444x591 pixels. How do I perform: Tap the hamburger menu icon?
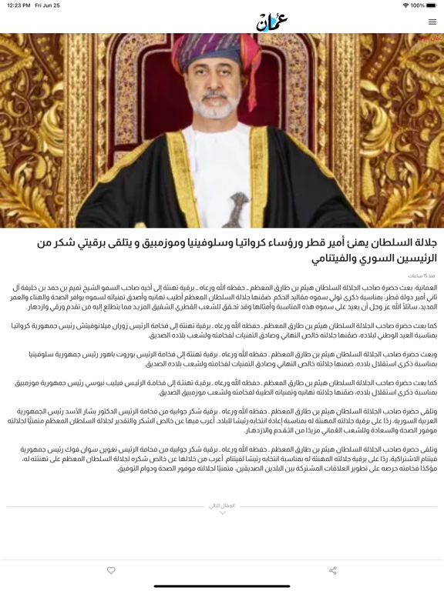(432, 22)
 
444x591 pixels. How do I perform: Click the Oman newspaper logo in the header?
(271, 22)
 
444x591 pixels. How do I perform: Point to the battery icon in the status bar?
(432, 5)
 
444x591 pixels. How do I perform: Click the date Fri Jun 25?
(47, 5)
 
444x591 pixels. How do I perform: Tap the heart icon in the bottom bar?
(111, 570)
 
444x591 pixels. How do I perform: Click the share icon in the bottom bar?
(333, 570)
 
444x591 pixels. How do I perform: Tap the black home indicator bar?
(222, 586)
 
